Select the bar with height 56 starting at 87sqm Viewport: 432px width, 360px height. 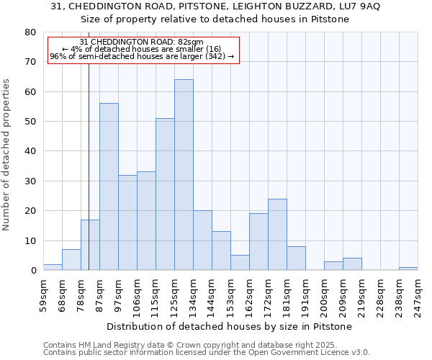coord(109,186)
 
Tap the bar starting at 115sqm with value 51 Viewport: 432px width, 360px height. coord(165,194)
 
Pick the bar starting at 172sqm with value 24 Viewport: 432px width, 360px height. coord(277,235)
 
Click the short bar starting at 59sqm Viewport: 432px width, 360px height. coord(53,267)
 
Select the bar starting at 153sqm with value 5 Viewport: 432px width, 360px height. coord(240,263)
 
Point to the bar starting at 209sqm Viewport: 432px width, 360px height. coord(352,264)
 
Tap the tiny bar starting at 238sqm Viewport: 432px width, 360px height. coord(408,269)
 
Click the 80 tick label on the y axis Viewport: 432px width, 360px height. coord(30,32)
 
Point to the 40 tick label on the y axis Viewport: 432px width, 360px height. coord(30,151)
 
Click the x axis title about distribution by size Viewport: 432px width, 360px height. coord(233,327)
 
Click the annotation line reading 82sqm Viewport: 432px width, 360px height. coord(142,42)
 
